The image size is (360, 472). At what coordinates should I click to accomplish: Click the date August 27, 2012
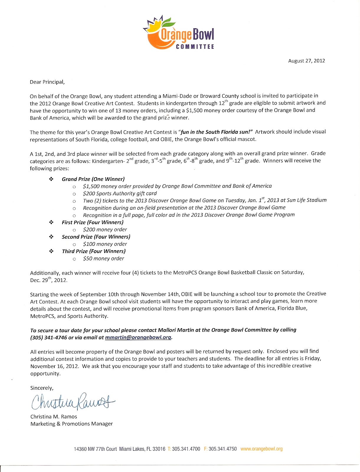[306, 61]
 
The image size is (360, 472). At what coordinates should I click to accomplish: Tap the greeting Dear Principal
[47, 82]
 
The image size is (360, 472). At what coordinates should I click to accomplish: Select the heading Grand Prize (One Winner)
[93, 179]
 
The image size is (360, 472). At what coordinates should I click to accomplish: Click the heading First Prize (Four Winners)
[93, 222]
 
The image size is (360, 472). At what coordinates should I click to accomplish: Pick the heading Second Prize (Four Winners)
[96, 237]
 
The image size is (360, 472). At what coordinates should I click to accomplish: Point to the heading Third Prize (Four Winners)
[94, 251]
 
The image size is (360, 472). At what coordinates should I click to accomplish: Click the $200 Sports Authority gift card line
[120, 194]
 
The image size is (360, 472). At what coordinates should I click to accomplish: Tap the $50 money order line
[104, 259]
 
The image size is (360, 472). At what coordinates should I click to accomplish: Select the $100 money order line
[105, 244]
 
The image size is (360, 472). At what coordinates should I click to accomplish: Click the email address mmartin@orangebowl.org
[138, 337]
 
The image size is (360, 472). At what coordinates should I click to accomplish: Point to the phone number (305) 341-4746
[49, 337]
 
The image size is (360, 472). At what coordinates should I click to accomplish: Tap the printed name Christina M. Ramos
[54, 417]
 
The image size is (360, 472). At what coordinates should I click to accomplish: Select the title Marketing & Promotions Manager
[72, 424]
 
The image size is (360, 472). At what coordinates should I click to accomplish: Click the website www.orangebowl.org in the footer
[261, 449]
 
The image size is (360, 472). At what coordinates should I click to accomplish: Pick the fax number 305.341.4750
[222, 449]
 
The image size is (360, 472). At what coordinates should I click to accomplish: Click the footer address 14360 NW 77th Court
[95, 449]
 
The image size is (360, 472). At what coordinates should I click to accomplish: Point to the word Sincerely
[42, 388]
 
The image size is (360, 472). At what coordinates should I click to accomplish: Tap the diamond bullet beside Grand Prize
[51, 179]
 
